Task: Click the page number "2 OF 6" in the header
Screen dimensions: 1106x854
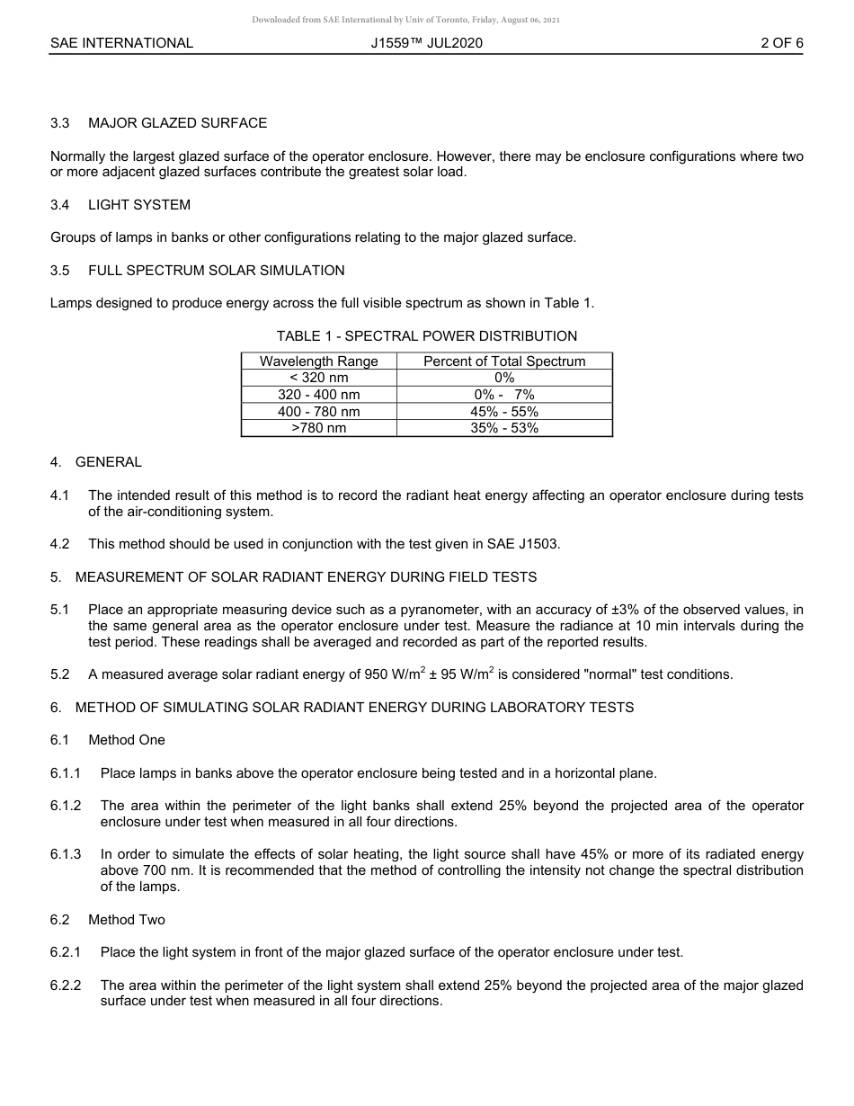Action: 781,43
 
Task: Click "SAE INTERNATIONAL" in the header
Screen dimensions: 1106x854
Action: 121,43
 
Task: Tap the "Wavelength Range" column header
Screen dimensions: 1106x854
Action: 319,361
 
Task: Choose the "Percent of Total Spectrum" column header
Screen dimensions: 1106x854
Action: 504,361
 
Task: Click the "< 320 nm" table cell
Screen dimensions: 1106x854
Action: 319,378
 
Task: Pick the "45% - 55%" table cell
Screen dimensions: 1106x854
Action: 504,412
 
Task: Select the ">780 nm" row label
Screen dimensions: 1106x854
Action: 319,428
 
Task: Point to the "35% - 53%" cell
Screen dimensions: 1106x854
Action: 504,428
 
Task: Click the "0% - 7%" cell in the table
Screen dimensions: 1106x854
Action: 504,395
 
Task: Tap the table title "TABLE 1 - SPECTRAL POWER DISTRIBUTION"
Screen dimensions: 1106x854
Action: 427,336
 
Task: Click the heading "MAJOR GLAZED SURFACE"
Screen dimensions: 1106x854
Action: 177,123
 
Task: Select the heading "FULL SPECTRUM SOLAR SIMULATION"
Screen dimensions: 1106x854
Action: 216,271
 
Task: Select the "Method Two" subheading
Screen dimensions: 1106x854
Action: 127,920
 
